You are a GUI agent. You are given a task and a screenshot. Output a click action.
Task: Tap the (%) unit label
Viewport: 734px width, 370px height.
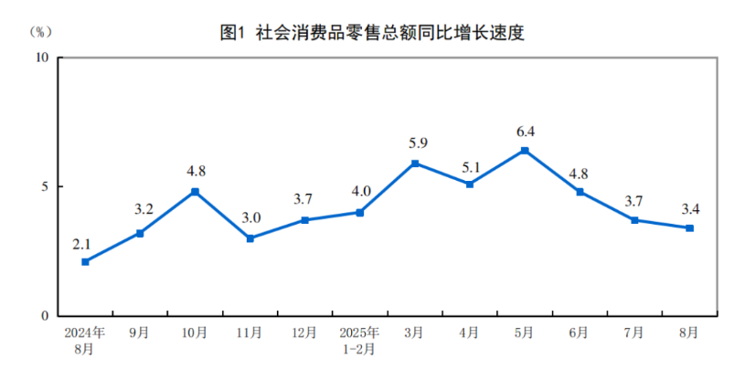tap(42, 31)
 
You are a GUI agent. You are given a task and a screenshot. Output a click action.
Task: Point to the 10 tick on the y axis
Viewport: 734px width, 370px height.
tap(42, 57)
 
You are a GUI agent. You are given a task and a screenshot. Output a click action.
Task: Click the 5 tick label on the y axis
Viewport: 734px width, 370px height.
tap(46, 186)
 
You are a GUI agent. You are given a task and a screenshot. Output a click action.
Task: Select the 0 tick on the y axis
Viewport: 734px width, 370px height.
tap(46, 316)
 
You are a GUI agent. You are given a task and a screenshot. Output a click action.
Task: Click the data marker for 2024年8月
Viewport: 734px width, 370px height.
tap(85, 261)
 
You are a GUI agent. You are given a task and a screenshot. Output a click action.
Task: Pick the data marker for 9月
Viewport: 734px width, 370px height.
tap(140, 233)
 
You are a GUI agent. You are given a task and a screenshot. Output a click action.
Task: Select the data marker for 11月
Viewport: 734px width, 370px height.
tap(250, 238)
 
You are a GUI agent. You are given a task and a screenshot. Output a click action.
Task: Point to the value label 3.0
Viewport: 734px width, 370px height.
tap(250, 219)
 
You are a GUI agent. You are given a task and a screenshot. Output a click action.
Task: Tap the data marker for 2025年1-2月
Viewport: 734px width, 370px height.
tap(359, 212)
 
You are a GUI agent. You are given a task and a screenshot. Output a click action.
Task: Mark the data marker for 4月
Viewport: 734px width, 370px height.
tap(469, 184)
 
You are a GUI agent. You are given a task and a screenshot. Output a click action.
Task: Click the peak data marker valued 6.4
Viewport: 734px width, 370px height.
tap(525, 150)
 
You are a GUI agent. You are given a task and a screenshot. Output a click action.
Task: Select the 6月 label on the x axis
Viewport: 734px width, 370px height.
tap(580, 333)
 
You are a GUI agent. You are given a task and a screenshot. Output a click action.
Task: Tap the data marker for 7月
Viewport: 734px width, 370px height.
tap(634, 220)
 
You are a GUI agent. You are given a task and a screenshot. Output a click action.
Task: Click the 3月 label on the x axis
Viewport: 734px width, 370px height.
tap(414, 333)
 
